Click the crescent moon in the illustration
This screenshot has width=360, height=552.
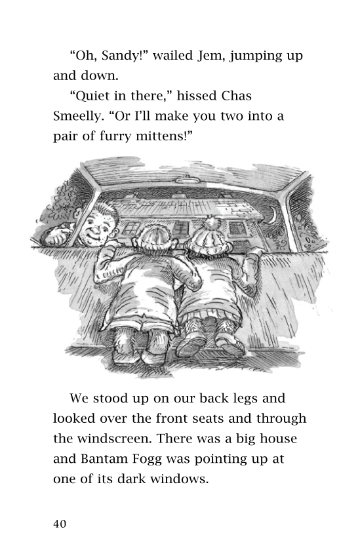click(x=273, y=214)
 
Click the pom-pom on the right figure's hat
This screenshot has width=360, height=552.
click(x=211, y=221)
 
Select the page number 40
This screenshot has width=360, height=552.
click(x=60, y=524)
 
